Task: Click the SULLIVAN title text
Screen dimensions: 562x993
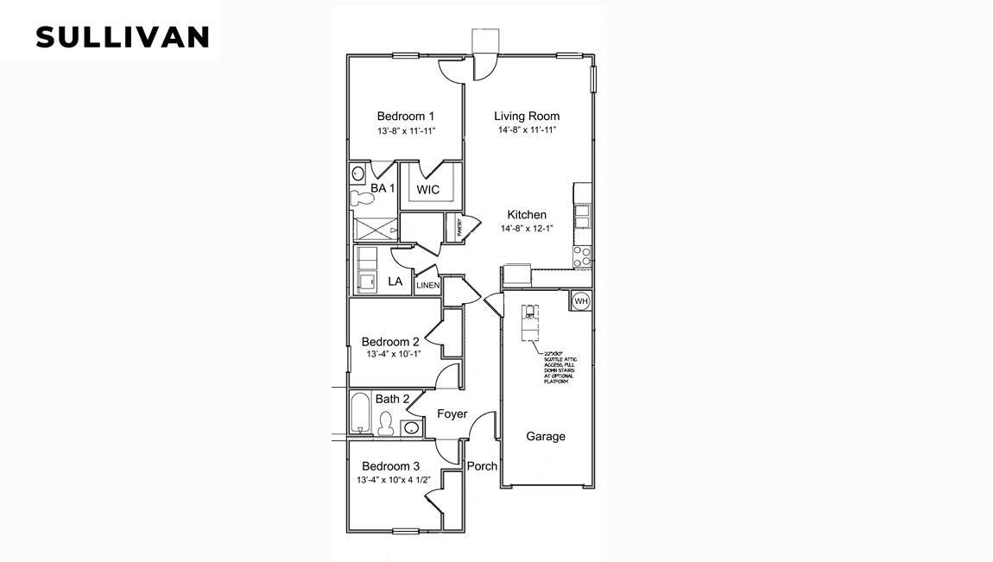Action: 122,37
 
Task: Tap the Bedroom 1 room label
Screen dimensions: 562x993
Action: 405,117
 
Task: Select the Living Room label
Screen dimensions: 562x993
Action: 526,116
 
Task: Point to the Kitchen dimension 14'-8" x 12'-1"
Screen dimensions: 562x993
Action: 526,229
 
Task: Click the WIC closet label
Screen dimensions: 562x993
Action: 427,189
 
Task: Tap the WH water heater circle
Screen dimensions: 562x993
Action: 580,300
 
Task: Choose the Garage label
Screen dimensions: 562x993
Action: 546,436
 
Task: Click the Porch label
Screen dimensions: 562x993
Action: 482,466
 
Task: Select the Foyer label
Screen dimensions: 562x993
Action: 452,414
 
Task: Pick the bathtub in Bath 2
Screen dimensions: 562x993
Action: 361,414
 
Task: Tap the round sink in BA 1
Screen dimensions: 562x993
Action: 358,173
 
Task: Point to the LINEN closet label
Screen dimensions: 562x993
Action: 428,286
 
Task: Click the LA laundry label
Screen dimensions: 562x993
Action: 395,281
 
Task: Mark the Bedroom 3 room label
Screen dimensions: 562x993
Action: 389,466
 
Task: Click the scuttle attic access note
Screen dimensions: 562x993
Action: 559,367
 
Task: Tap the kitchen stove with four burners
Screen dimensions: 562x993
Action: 583,256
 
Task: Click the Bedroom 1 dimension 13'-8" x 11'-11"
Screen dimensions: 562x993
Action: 405,131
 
